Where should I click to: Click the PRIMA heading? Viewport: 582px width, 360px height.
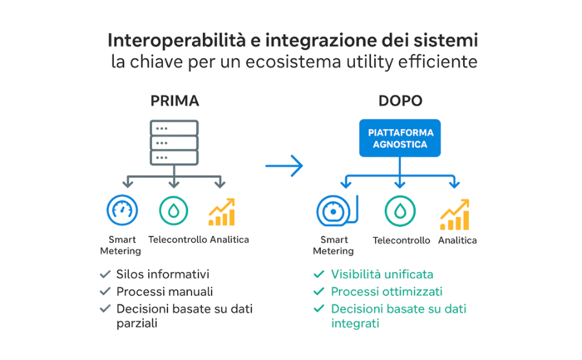(175, 101)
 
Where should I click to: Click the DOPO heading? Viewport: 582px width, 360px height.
(400, 101)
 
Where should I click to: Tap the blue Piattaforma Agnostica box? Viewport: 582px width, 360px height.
(400, 138)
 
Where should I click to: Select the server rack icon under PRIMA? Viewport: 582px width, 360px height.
(174, 142)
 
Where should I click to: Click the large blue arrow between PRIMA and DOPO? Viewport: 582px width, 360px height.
(285, 166)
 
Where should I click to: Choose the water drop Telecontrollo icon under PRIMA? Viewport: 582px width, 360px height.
(174, 211)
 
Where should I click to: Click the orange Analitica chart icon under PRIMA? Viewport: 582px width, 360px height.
(222, 211)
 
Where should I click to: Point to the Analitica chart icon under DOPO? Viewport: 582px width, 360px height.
(455, 214)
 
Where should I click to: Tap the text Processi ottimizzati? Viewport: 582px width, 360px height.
(386, 291)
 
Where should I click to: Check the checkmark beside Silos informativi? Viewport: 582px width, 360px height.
(105, 274)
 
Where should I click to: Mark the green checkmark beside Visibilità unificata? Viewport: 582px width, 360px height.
(318, 274)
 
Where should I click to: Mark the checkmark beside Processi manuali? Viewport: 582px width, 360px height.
(105, 291)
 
